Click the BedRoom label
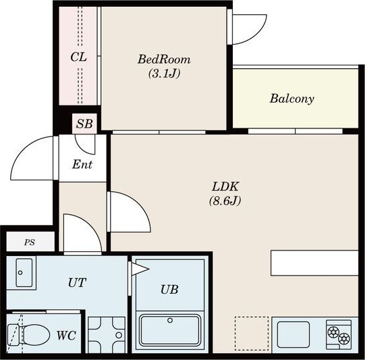pyautogui.click(x=164, y=59)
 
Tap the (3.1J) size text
pyautogui.click(x=165, y=74)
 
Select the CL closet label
pyautogui.click(x=79, y=57)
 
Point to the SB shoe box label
pyautogui.click(x=84, y=124)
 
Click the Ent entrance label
pyautogui.click(x=82, y=165)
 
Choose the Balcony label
pyautogui.click(x=292, y=99)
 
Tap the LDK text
pyautogui.click(x=225, y=186)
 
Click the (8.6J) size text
pyautogui.click(x=225, y=201)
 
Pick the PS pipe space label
pyautogui.click(x=30, y=242)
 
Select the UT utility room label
pyautogui.click(x=77, y=282)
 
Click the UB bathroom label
pyautogui.click(x=169, y=289)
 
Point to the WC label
pyautogui.click(x=66, y=336)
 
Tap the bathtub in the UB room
pyautogui.click(x=170, y=330)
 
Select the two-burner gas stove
pyautogui.click(x=339, y=334)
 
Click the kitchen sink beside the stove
pyautogui.click(x=293, y=334)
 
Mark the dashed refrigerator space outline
pyautogui.click(x=252, y=334)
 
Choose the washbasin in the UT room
pyautogui.click(x=24, y=273)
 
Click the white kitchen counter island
pyautogui.click(x=314, y=263)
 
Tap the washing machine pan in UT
pyautogui.click(x=107, y=335)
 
